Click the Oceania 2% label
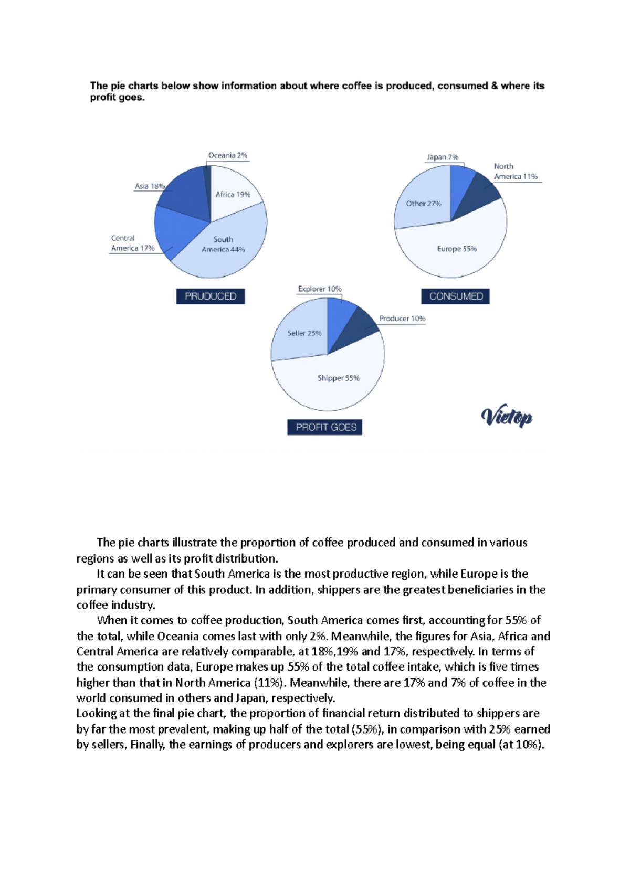tap(227, 155)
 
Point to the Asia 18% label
tap(150, 186)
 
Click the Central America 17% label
tap(132, 243)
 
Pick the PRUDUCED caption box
tap(211, 296)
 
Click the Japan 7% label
tap(442, 157)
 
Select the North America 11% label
tap(515, 172)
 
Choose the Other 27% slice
tap(423, 203)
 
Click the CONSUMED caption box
tap(456, 296)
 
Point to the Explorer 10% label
tap(319, 289)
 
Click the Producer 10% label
tap(402, 319)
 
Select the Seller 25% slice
tap(304, 333)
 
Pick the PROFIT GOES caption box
tap(325, 427)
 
